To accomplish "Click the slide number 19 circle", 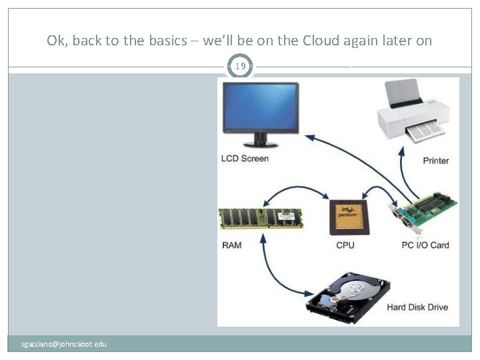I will [240, 67].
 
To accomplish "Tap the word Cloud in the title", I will [320, 41].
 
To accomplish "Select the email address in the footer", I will [63, 344].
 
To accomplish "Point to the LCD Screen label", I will [245, 159].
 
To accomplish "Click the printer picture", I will [412, 112].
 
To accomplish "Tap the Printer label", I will [436, 161].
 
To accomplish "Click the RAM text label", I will [232, 245].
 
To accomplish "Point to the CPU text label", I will [345, 245].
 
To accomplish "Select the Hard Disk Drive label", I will [417, 307].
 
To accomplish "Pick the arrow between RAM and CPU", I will [297, 191].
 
